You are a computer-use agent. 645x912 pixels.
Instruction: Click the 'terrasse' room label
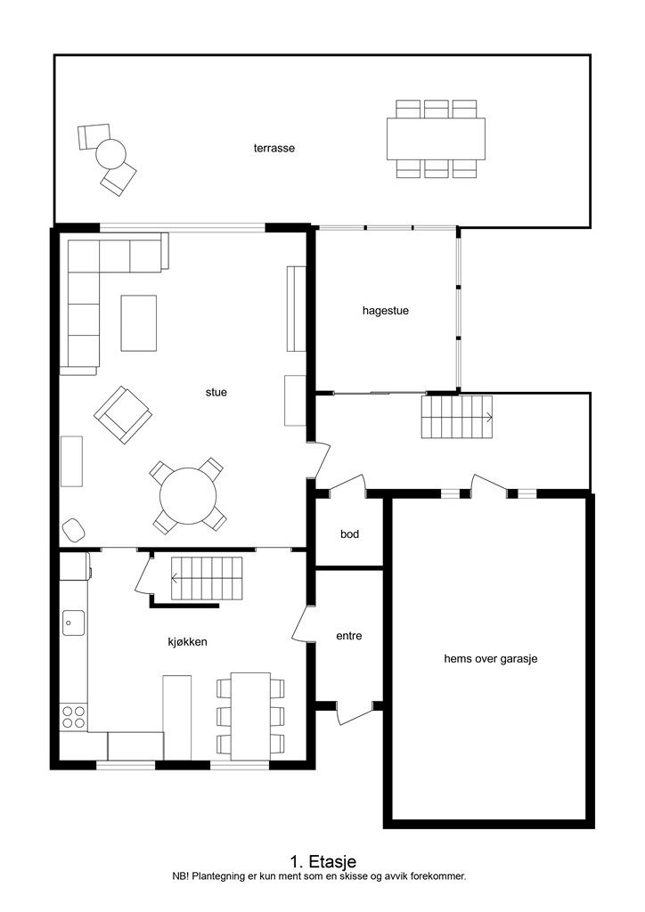tap(274, 149)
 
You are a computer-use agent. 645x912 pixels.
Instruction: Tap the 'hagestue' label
tap(385, 311)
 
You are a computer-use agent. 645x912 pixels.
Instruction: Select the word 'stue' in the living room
tap(216, 393)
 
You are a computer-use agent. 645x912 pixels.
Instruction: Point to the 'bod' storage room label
tap(349, 534)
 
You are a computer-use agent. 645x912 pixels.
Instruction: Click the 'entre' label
tap(349, 636)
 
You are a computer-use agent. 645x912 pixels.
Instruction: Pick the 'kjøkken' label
tap(187, 641)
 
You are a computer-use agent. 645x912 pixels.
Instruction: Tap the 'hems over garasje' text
tap(490, 659)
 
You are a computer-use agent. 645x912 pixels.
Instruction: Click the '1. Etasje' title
tap(322, 861)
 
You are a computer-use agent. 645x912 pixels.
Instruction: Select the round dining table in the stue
tap(188, 496)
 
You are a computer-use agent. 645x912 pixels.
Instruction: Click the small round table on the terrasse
tap(110, 154)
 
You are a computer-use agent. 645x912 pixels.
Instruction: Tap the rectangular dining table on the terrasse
tap(436, 139)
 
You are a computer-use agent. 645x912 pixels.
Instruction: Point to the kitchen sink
tap(73, 623)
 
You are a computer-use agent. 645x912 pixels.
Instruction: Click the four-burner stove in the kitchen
tap(73, 717)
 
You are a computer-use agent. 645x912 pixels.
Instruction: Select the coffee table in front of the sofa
tap(138, 323)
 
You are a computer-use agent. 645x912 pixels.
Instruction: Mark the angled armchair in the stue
tap(123, 415)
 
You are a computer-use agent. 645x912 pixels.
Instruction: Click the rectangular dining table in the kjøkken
tap(250, 717)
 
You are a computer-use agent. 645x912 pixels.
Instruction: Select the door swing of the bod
tap(347, 484)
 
